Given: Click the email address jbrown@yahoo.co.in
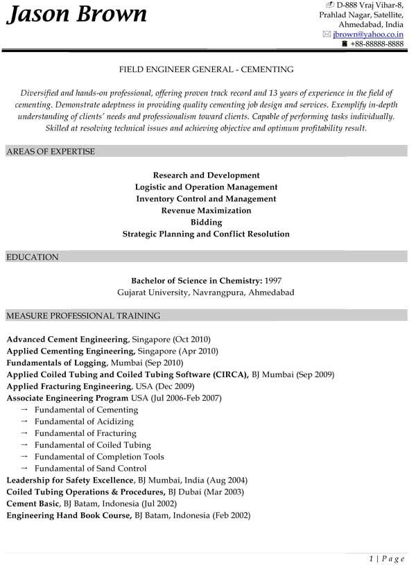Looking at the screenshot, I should click(368, 33).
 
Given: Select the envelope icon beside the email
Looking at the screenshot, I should click(327, 33).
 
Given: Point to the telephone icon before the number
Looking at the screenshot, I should click(345, 44).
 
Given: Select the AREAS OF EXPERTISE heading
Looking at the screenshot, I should click(51, 151).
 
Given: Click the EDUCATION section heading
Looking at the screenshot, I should click(32, 257).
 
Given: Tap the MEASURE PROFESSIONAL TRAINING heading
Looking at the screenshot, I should click(83, 316).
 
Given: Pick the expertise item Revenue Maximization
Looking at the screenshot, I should click(206, 210).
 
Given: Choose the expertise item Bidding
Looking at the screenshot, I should click(206, 222).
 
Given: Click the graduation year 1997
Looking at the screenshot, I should click(272, 281).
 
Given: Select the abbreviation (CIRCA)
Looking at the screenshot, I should click(229, 374).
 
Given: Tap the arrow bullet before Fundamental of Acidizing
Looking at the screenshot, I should click(24, 421).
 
